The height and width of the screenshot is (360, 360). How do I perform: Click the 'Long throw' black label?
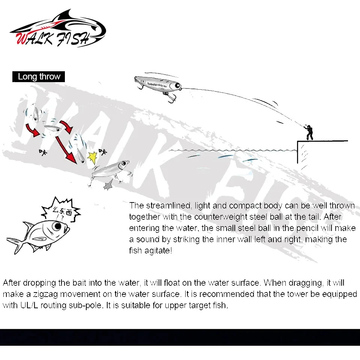39,77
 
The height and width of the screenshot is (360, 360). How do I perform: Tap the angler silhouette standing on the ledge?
309,132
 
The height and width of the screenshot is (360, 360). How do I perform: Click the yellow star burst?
92,157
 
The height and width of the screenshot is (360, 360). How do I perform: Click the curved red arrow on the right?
67,126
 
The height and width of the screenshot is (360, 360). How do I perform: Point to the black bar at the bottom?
180,337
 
